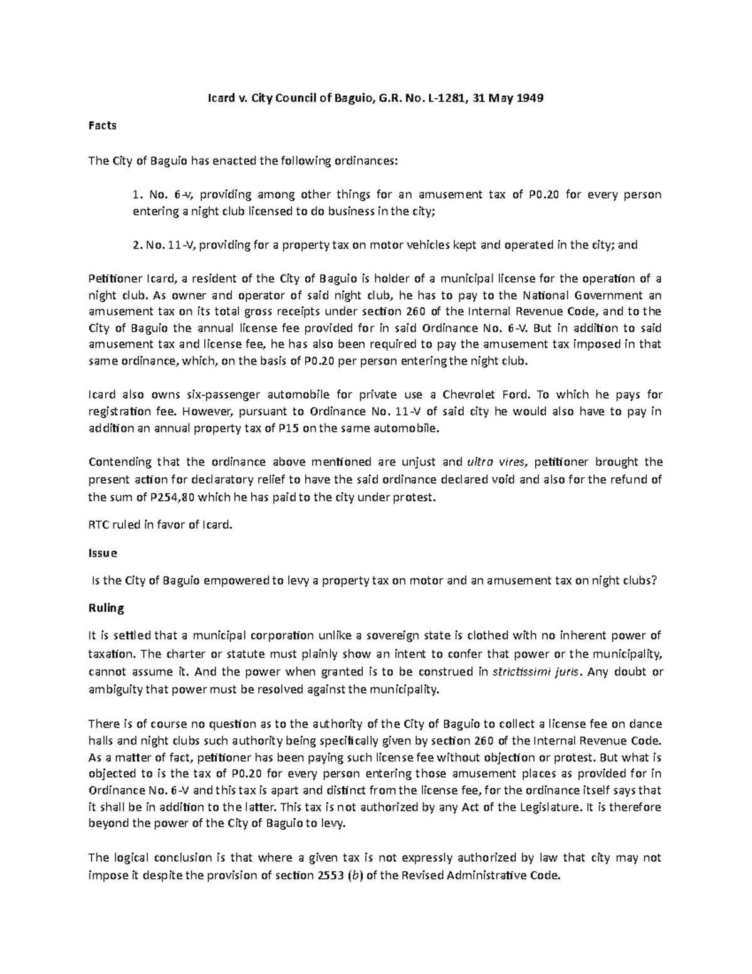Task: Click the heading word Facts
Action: [x=102, y=125]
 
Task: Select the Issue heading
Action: [x=103, y=554]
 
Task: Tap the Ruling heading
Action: [x=107, y=608]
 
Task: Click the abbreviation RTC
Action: [x=100, y=526]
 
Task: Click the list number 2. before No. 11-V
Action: [x=137, y=245]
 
